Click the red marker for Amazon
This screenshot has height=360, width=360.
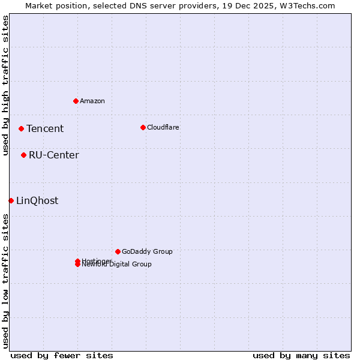[76, 101]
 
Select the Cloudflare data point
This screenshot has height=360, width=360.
[143, 127]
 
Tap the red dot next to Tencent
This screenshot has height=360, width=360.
[21, 128]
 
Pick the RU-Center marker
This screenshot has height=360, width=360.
[23, 155]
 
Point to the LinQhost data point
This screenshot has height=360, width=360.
[11, 200]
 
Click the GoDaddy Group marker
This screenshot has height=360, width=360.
[118, 251]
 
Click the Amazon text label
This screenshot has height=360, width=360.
[92, 101]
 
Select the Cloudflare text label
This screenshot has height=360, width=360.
[163, 127]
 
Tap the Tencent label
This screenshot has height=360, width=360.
[45, 128]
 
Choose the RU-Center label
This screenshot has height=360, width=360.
[54, 155]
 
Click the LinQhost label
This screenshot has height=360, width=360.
[37, 200]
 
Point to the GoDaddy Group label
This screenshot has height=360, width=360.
[147, 251]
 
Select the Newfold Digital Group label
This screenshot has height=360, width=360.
[117, 265]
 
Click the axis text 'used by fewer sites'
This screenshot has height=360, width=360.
[62, 355]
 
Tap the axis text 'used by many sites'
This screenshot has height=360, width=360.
[301, 355]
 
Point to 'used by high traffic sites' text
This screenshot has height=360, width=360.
[6, 85]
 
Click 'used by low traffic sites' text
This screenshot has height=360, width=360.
[6, 281]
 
